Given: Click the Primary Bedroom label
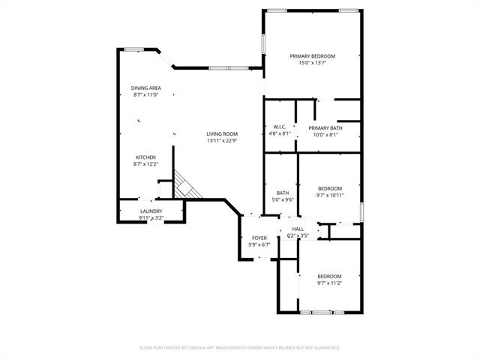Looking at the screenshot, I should click(313, 56).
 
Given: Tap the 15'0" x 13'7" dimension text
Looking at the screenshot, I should click(313, 63).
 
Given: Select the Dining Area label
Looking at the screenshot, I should click(146, 88).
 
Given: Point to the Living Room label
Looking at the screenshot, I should click(222, 134).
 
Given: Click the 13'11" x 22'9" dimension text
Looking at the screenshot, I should click(222, 141).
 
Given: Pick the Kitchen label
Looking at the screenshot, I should click(145, 157).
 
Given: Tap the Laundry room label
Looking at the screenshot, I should click(151, 211).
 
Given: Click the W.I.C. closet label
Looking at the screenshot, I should click(280, 127).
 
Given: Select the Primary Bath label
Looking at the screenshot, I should click(324, 127).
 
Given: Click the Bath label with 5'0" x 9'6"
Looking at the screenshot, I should click(283, 193).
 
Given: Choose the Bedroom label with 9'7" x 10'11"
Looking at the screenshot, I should click(330, 188).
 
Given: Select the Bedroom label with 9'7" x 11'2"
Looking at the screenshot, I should click(329, 275).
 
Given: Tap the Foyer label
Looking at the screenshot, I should click(259, 238).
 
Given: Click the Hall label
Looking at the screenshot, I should click(298, 229).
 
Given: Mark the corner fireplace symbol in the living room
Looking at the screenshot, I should click(184, 187).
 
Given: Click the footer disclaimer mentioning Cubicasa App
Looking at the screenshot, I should click(240, 347).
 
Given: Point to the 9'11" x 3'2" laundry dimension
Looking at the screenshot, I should click(151, 218).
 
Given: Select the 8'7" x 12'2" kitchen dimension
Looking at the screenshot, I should click(145, 164).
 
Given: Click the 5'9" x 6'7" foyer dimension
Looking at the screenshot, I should click(259, 245).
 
